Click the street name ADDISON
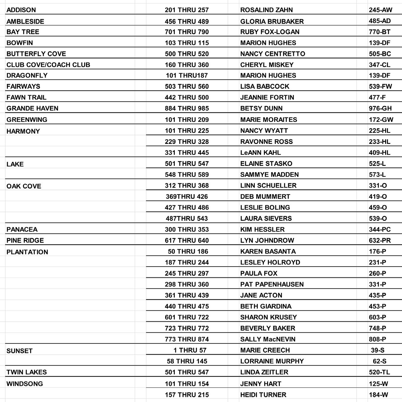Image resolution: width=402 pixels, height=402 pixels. click(21, 10)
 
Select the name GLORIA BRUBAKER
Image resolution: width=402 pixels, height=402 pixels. click(272, 21)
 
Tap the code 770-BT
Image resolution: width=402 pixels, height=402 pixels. click(379, 32)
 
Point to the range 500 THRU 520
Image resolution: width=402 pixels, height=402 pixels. click(187, 54)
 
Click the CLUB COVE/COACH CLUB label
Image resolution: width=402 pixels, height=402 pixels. click(48, 65)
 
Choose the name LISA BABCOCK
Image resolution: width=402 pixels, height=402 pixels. click(265, 86)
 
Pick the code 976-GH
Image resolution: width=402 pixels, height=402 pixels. click(380, 108)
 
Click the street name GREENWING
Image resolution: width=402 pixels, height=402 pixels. click(27, 120)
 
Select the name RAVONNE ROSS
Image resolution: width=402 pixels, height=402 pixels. click(266, 141)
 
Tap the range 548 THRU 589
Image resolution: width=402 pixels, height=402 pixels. click(187, 174)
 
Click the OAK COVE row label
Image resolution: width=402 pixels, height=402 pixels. click(24, 186)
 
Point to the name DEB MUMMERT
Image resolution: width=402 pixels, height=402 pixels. click(265, 197)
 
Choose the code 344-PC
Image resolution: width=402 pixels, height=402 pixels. click(380, 229)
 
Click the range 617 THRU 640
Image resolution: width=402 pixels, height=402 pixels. click(187, 240)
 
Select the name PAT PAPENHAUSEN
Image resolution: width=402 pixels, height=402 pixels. click(272, 284)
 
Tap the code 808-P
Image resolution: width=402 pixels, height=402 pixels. click(377, 339)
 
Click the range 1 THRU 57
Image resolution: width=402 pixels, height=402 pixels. click(190, 350)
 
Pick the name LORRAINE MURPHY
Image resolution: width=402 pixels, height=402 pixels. click(272, 361)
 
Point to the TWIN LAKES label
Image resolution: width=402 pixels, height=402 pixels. click(27, 372)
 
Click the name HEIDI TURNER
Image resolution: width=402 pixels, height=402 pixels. click(263, 395)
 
